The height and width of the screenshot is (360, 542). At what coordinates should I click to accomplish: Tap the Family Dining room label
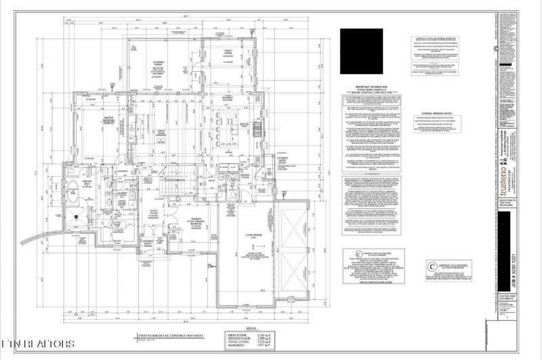tap(223, 52)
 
